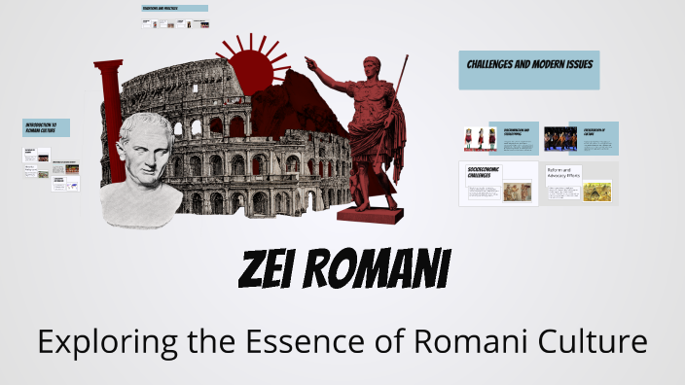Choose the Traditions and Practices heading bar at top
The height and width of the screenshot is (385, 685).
tap(173, 9)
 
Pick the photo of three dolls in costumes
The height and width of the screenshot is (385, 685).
tap(479, 139)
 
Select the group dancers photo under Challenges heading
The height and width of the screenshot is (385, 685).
tap(559, 139)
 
